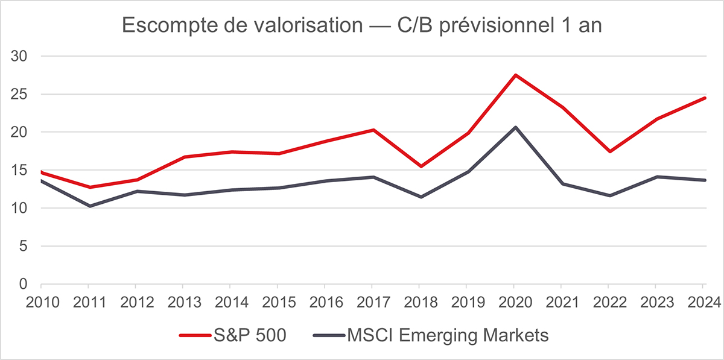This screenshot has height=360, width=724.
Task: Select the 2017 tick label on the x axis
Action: coord(372,301)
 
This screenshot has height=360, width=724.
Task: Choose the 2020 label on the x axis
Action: coord(515,301)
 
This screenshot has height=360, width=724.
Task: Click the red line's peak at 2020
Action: coord(515,75)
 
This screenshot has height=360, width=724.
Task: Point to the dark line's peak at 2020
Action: coord(515,127)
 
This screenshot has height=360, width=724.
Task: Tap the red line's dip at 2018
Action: coord(420,166)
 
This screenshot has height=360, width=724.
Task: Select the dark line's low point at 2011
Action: coord(89,206)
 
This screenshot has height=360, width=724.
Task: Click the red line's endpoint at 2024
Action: coord(704,98)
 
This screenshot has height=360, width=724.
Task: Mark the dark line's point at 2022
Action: coord(609,196)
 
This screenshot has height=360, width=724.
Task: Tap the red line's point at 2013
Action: coord(183,157)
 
